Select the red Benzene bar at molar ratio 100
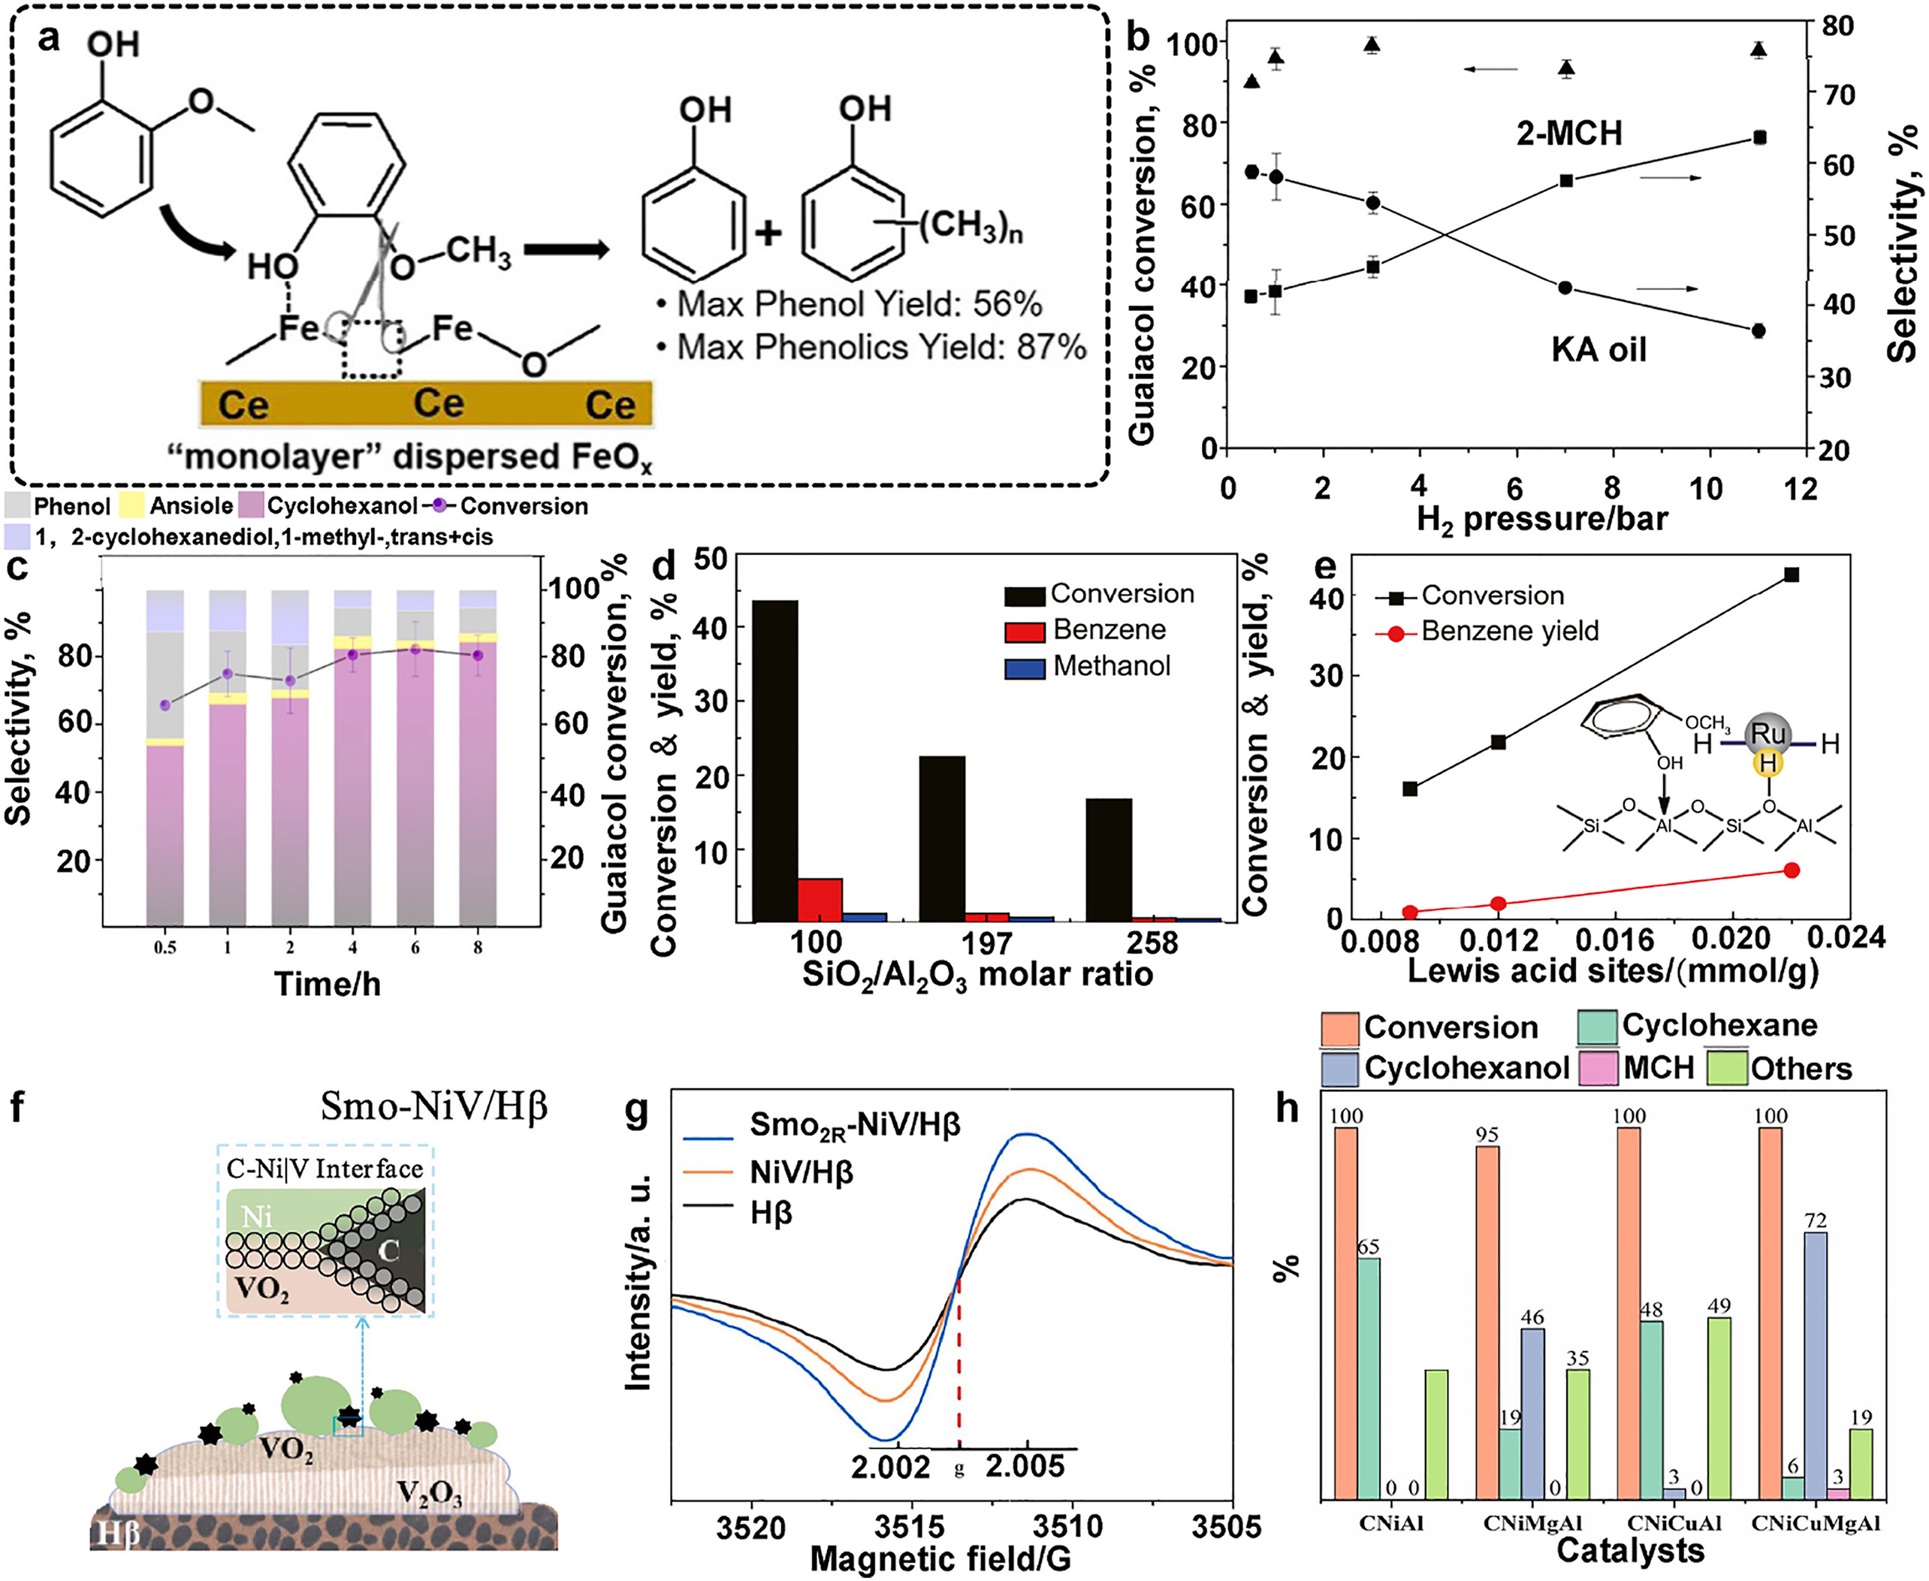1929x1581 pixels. click(x=820, y=900)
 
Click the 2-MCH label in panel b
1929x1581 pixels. click(x=1569, y=134)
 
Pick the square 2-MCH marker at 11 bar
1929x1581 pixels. click(x=1758, y=137)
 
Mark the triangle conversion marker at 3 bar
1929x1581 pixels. click(x=1372, y=44)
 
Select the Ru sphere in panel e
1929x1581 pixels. click(x=1767, y=733)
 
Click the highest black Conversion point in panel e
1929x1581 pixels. click(x=1791, y=575)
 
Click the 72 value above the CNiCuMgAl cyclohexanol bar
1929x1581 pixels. click(x=1815, y=1220)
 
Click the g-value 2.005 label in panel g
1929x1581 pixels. click(x=1025, y=1466)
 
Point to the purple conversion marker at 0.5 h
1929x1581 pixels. click(x=165, y=705)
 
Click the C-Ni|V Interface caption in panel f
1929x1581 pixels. click(x=325, y=1169)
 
